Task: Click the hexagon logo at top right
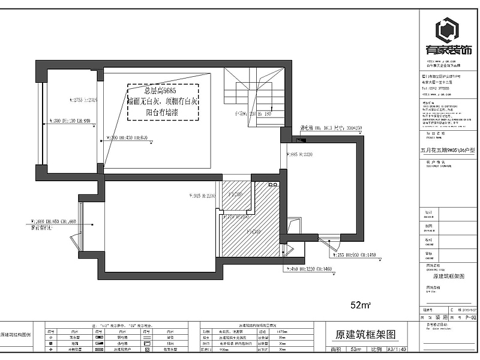pos(448,31)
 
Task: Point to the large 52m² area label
pos(361,305)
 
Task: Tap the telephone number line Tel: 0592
pos(438,88)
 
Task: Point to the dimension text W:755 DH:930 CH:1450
pos(354,255)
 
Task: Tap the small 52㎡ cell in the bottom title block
pos(356,349)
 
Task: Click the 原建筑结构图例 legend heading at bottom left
pos(20,334)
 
